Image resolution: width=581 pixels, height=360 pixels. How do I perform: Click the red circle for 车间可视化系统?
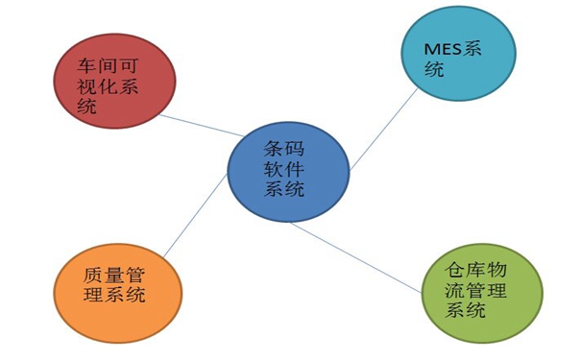pyautogui.click(x=112, y=84)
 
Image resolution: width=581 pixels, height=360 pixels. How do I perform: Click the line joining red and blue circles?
pyautogui.click(x=202, y=126)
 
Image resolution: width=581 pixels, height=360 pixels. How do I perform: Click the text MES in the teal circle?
pyautogui.click(x=444, y=51)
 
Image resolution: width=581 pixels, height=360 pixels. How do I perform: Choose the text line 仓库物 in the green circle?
pyautogui.click(x=481, y=270)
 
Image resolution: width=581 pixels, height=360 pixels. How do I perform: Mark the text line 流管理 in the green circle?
pyautogui.click(x=481, y=290)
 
